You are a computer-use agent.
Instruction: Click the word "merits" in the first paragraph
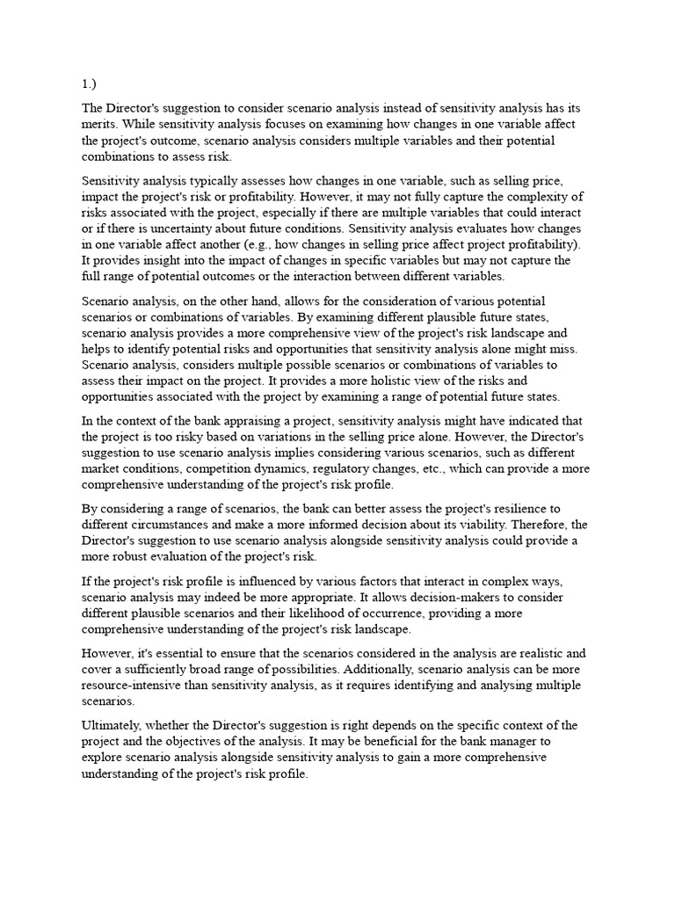(x=98, y=124)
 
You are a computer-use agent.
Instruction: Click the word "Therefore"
(x=514, y=525)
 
